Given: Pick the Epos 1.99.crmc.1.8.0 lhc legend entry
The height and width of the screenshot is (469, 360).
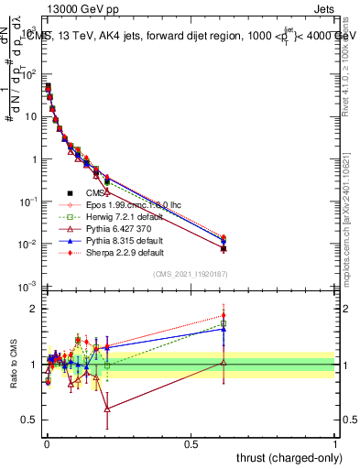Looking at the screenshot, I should pos(129,204).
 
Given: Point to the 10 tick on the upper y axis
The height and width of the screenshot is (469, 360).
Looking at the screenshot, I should pos(29,117).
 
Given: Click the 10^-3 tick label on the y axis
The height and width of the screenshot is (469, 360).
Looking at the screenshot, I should pos(27,288).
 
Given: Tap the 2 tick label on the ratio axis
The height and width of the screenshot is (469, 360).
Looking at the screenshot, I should pos(35,309).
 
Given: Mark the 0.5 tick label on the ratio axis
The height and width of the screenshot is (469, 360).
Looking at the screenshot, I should pos(31,420).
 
